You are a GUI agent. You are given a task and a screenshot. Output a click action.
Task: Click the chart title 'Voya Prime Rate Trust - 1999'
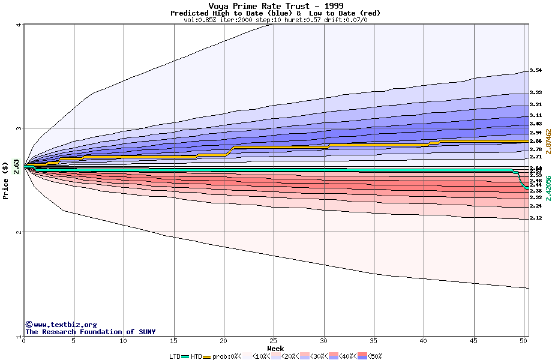[x=275, y=6]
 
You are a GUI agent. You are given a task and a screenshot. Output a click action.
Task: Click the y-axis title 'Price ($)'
[x=6, y=180]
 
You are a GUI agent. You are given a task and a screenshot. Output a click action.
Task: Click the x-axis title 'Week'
[x=275, y=348]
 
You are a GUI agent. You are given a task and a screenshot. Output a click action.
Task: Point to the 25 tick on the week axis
[x=274, y=341]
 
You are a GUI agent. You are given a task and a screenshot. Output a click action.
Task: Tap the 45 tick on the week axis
[x=474, y=341]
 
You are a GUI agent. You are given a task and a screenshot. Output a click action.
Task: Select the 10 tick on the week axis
[x=124, y=341]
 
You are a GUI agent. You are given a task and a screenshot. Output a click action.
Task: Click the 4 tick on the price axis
[x=19, y=25]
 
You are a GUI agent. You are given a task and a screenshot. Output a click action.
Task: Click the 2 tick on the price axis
[x=19, y=232]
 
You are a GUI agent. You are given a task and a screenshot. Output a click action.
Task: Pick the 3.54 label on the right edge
[x=536, y=71]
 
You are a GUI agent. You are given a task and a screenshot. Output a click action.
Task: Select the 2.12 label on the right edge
[x=536, y=218]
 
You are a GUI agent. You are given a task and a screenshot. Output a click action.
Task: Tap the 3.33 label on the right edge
[x=536, y=92]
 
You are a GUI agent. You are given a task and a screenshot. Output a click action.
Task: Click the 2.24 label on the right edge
[x=536, y=206]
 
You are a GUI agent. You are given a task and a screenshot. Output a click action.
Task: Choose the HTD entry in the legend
[x=196, y=356]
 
